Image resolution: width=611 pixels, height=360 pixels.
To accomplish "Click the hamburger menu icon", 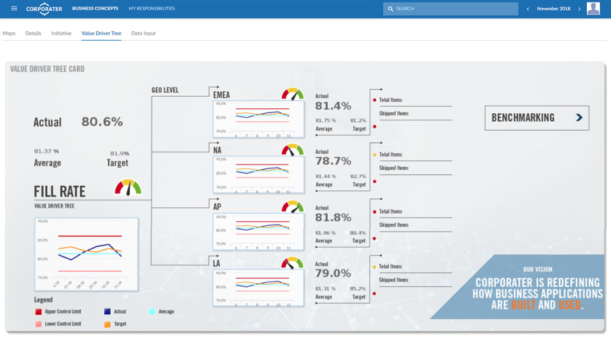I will [x=14, y=8].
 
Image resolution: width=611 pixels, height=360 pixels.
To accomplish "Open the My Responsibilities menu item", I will [x=151, y=9].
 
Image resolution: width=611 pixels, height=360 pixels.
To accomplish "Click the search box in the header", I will [x=451, y=9].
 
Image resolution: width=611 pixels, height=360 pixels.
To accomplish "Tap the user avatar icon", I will [x=593, y=8].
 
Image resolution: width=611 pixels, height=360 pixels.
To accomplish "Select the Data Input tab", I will [x=143, y=33].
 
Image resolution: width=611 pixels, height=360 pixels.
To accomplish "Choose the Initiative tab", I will [x=61, y=33].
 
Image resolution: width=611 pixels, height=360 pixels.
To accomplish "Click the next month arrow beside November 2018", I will [x=579, y=9].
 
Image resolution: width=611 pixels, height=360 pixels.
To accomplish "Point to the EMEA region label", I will [x=221, y=95].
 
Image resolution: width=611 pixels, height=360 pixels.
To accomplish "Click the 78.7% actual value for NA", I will [x=333, y=161].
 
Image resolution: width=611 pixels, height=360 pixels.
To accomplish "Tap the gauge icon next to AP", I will [x=293, y=207].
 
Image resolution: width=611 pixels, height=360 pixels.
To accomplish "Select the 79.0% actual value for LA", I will [x=333, y=273].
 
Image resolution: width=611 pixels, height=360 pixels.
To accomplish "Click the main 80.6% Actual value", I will [x=102, y=122].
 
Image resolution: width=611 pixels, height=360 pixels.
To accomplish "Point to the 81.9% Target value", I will [x=120, y=153].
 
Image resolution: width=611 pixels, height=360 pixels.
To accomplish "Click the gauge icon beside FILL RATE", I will [x=128, y=187].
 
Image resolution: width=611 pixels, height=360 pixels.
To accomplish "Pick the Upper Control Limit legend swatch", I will [x=38, y=312].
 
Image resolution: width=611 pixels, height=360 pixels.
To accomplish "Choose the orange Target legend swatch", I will [x=106, y=324].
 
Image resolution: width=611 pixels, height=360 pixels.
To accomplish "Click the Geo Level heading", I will [x=165, y=90].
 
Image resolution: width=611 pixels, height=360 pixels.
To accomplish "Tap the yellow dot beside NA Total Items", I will [x=374, y=155].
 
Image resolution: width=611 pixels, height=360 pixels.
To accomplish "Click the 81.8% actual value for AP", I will [x=333, y=218].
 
